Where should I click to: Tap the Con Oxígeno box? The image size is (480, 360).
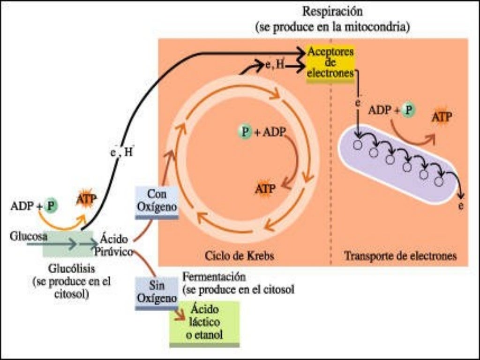157,202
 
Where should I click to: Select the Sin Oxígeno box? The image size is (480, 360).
157,292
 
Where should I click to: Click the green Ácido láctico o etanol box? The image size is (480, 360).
204,322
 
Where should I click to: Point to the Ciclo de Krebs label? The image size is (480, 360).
239,256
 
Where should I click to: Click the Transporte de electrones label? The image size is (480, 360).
400,256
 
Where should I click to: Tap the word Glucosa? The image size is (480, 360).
28,237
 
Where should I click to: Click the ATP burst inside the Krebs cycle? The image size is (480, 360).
265,188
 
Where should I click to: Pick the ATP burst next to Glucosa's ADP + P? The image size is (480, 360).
86,200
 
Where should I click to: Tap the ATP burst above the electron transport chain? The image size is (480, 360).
441,116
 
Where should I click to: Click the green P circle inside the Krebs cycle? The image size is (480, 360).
244,132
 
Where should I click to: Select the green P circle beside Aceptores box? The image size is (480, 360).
409,110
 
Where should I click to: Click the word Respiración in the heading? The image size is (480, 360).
332,11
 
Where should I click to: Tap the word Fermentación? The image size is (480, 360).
215,276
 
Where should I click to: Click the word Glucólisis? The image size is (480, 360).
72,269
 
